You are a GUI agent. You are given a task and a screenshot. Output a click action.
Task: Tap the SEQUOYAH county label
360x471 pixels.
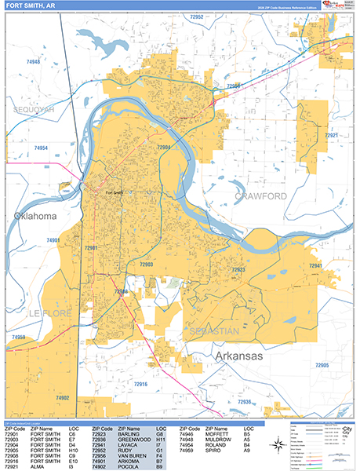click(28, 110)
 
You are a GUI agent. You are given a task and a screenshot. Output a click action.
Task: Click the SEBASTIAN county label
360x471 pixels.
click(214, 332)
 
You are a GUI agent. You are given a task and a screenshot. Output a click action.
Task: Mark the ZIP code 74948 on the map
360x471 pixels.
click(33, 61)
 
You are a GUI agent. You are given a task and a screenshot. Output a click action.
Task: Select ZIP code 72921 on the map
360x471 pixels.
click(333, 136)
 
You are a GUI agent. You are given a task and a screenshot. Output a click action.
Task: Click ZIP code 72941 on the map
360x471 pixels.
click(315, 266)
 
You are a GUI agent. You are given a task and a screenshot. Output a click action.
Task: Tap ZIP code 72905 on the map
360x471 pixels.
click(322, 366)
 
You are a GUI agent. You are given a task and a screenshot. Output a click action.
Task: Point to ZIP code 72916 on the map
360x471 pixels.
click(141, 383)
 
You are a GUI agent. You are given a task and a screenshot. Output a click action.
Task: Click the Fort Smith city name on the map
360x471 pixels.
click(114, 192)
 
